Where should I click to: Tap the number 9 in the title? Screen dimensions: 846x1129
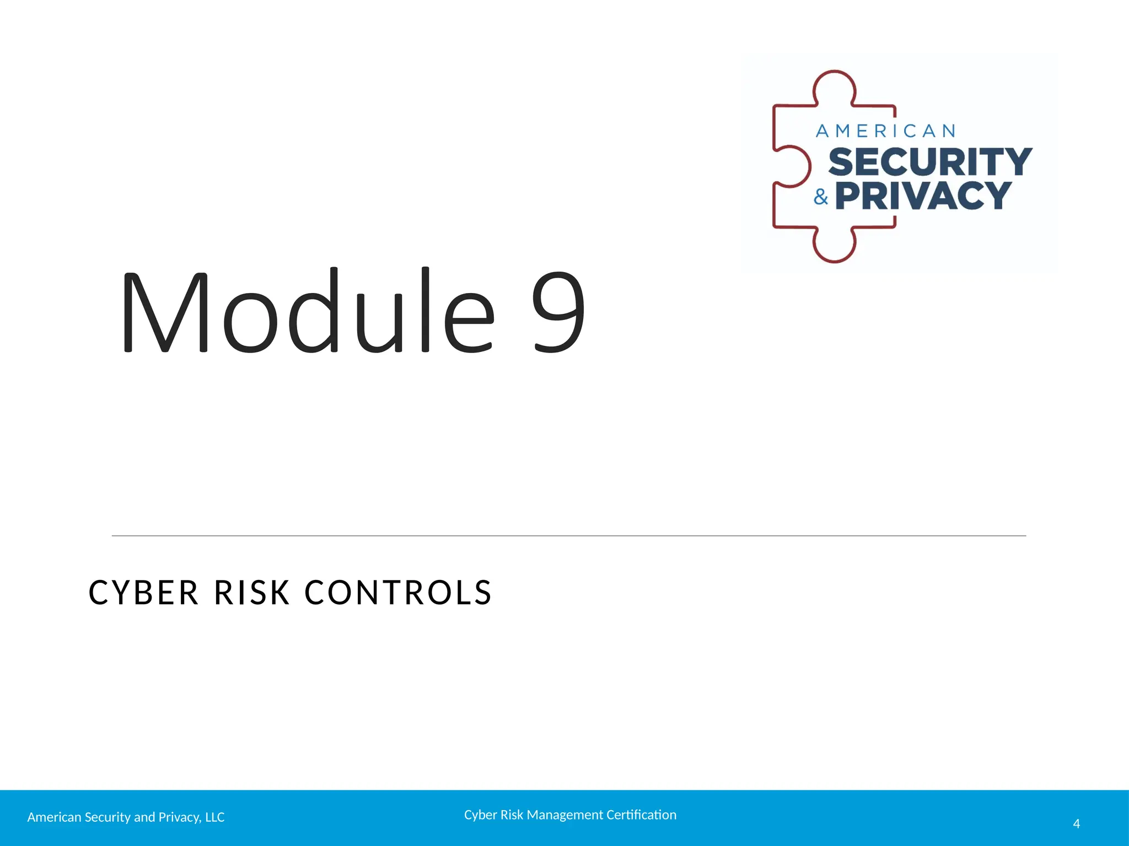pos(558,312)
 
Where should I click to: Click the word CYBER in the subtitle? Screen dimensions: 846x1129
pos(143,593)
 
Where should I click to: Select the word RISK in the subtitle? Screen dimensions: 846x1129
pos(252,593)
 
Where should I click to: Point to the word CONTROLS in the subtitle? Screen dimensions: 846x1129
pos(398,593)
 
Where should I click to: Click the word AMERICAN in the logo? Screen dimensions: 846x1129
pos(885,131)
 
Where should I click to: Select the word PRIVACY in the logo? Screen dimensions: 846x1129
pos(923,196)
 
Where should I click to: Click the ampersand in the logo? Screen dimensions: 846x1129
pos(821,197)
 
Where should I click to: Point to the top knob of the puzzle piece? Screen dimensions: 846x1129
pos(835,85)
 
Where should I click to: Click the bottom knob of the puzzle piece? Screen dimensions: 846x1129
pos(834,247)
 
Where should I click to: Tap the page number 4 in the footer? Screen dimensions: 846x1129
pos(1076,824)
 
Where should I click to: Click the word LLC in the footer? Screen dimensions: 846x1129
pos(214,817)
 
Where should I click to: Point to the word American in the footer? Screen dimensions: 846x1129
pos(54,817)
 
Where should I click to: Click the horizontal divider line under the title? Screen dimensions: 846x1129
pos(568,535)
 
